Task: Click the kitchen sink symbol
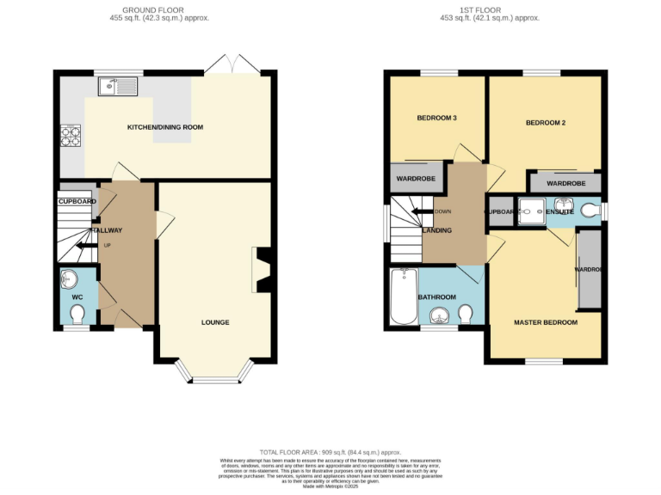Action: (x=119, y=85)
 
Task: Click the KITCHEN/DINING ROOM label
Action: (x=165, y=127)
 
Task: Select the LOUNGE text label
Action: (x=215, y=322)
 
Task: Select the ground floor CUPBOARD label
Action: (x=77, y=201)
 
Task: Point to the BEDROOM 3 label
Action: (x=437, y=118)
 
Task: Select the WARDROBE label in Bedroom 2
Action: (x=565, y=183)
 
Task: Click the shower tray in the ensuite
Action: (x=532, y=211)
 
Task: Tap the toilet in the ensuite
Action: (x=590, y=210)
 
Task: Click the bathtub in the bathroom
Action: (x=402, y=298)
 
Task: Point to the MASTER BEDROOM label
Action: (x=545, y=322)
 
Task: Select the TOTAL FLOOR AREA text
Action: (x=330, y=452)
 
